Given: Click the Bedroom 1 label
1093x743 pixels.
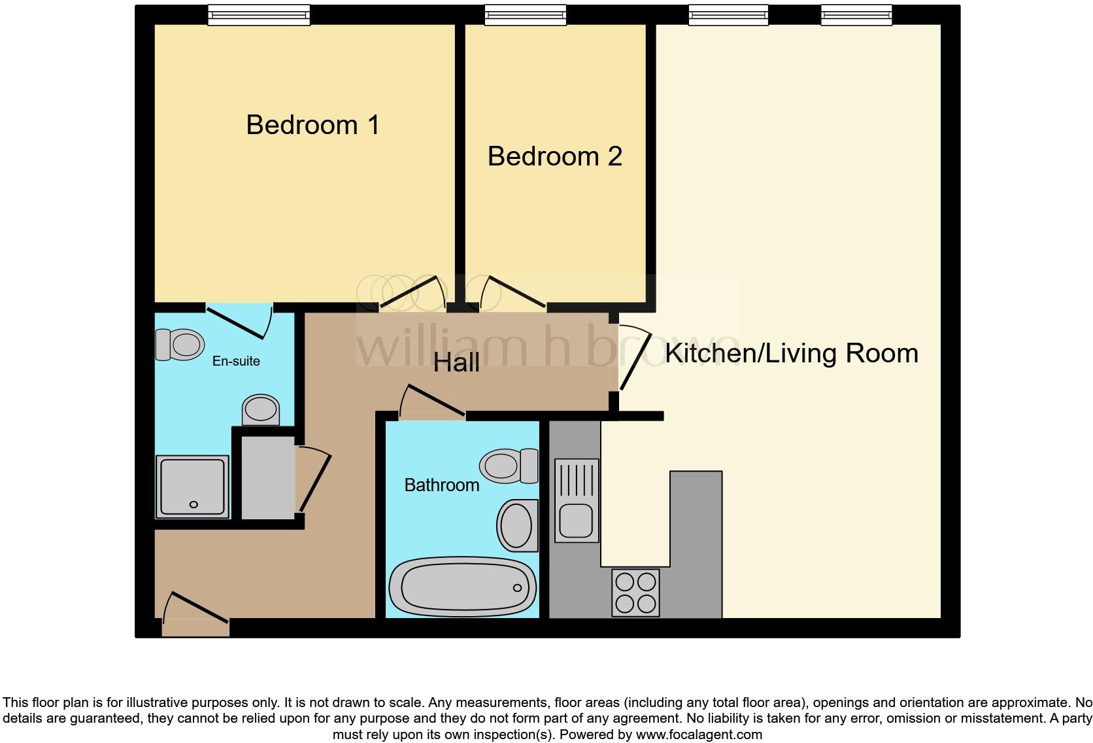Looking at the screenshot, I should click(x=312, y=125).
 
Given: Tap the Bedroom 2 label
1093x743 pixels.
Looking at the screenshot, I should click(x=554, y=156).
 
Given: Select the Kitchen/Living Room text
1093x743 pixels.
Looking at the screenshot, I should click(x=791, y=353).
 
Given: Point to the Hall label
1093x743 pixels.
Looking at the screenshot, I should click(x=456, y=362).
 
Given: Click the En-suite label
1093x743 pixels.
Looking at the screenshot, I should click(x=236, y=361).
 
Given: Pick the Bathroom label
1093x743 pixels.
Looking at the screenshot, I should click(x=442, y=485).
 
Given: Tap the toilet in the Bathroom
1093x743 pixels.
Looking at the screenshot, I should click(x=508, y=466).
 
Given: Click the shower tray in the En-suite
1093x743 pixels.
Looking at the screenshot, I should click(x=192, y=487).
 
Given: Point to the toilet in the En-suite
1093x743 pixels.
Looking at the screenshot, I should click(x=179, y=344).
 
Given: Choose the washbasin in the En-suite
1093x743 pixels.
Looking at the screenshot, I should click(x=261, y=410).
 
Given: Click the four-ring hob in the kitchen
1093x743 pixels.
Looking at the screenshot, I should click(x=635, y=593).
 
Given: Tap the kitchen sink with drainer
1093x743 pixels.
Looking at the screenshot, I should click(x=577, y=500).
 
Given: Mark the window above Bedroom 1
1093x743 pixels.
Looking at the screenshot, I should click(x=258, y=14).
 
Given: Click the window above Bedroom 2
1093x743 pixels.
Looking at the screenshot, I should click(x=525, y=14).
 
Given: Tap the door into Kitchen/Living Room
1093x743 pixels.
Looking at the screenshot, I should click(x=634, y=360).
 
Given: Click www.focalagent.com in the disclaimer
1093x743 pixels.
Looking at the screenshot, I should click(x=698, y=734).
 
